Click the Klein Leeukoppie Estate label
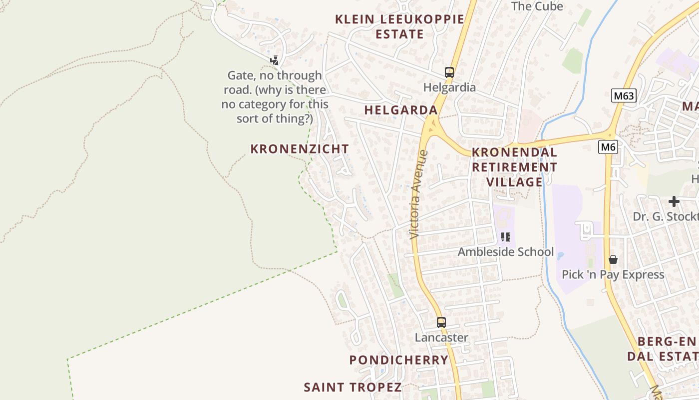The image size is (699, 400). pyautogui.click(x=399, y=26)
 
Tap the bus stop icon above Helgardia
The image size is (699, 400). pyautogui.click(x=449, y=72)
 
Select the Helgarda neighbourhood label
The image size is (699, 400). pyautogui.click(x=400, y=110)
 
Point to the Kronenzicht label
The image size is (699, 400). pyautogui.click(x=300, y=149)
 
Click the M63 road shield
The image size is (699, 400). pyautogui.click(x=624, y=95)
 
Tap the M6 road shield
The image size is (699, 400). pyautogui.click(x=608, y=147)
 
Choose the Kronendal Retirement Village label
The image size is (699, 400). pyautogui.click(x=514, y=167)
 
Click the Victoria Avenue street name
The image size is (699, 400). pyautogui.click(x=418, y=194)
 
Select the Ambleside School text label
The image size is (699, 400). pyautogui.click(x=506, y=251)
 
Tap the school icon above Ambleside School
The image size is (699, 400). pyautogui.click(x=505, y=236)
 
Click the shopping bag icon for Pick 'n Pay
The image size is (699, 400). pyautogui.click(x=613, y=259)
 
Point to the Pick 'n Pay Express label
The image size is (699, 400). pyautogui.click(x=613, y=274)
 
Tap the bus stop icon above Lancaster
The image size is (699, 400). pyautogui.click(x=441, y=322)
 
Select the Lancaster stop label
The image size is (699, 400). pyautogui.click(x=441, y=337)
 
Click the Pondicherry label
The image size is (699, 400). pyautogui.click(x=399, y=360)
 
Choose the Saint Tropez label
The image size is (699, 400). pyautogui.click(x=352, y=387)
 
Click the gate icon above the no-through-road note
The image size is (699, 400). pyautogui.click(x=274, y=60)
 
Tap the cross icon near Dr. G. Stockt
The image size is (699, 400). pyautogui.click(x=674, y=201)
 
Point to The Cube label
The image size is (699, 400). pyautogui.click(x=537, y=6)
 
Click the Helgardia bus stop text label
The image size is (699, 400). pyautogui.click(x=449, y=87)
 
